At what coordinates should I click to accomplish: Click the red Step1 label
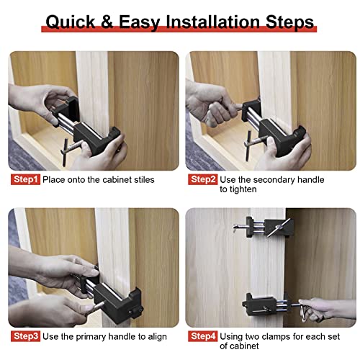[24, 179]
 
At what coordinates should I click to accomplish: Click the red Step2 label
[203, 179]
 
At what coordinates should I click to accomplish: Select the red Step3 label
[24, 336]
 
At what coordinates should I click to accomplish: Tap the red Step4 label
[203, 336]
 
